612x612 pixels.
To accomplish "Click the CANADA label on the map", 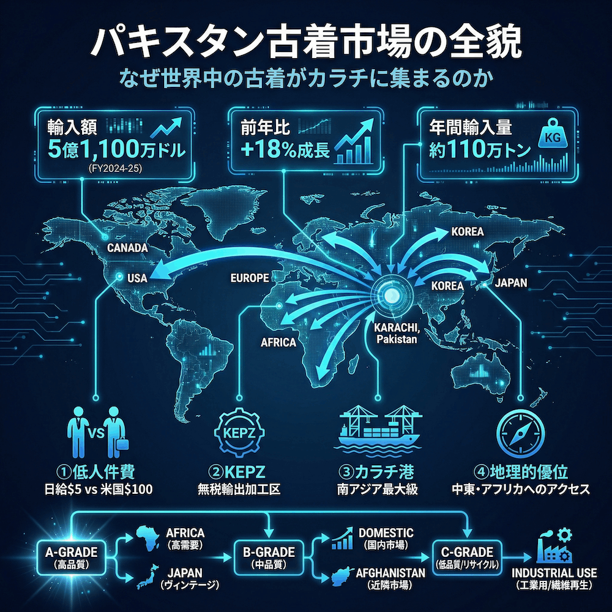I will tap(127, 248).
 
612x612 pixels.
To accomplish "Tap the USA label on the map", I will tap(138, 278).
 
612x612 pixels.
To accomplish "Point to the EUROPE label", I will tap(249, 278).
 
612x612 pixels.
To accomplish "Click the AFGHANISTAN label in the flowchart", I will tap(386, 573).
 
